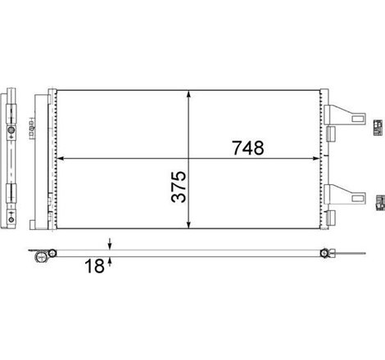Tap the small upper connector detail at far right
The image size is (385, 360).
tap(377, 125)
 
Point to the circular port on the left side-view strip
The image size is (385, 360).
tap(11, 130)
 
